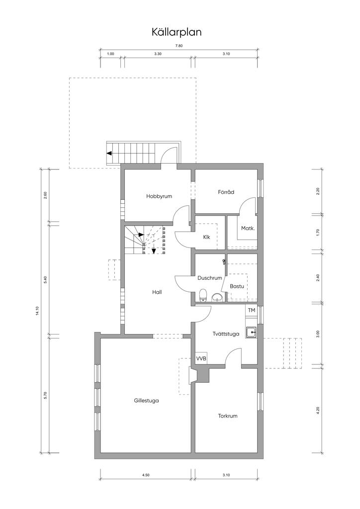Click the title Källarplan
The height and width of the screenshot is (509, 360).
[177, 32]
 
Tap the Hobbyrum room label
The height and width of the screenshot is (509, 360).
[159, 196]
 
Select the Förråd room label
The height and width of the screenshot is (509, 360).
[226, 192]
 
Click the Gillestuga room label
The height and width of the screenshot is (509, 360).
[146, 401]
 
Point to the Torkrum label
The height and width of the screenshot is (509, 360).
[228, 416]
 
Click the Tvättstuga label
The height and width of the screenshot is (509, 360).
[226, 334]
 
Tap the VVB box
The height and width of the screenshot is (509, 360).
[201, 359]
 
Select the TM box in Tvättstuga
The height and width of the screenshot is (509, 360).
[251, 310]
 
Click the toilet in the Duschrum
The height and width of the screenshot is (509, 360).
[203, 295]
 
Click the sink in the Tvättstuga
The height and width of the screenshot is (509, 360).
[251, 333]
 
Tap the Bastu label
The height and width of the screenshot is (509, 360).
[237, 286]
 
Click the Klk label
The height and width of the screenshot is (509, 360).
[206, 237]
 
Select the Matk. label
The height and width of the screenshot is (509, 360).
[248, 229]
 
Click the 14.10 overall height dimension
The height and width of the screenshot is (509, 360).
[38, 311]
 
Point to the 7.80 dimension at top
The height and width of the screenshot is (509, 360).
[179, 46]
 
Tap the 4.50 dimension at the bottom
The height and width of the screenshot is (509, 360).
[146, 475]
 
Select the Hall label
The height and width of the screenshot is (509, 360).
[157, 292]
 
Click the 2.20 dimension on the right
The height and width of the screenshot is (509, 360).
[318, 191]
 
